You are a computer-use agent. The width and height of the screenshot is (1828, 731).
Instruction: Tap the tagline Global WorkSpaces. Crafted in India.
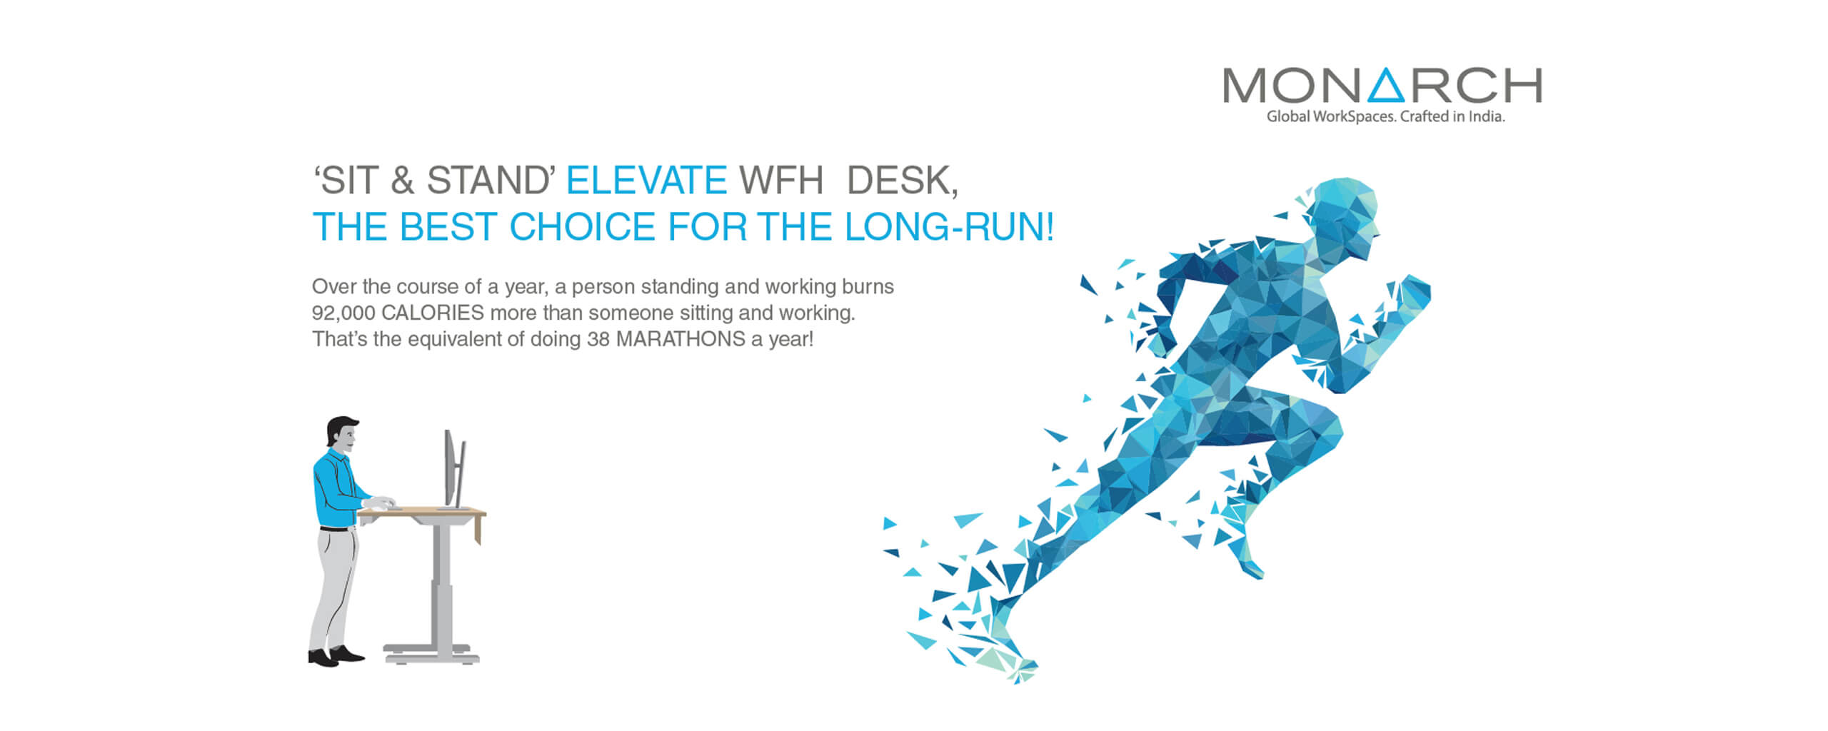point(1385,116)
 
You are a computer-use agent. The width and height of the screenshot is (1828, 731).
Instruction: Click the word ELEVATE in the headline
point(646,180)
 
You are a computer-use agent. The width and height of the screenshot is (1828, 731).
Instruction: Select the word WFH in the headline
point(781,180)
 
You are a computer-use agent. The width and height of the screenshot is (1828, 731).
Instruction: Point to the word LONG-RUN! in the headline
point(949,226)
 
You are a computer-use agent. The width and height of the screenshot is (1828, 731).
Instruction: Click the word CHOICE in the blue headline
point(582,226)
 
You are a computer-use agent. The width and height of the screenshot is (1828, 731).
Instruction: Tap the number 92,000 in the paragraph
point(343,313)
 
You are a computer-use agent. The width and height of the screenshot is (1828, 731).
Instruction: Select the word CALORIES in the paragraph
point(433,313)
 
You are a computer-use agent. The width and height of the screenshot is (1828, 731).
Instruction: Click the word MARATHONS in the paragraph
point(681,339)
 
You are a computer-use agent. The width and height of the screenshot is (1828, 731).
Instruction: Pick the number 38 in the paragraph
point(598,339)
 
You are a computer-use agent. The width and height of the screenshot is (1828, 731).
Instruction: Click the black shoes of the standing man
point(336,656)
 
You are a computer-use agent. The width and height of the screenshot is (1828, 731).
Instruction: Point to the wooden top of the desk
point(422,512)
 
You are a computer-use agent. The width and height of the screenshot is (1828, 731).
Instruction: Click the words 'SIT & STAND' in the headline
point(434,180)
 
